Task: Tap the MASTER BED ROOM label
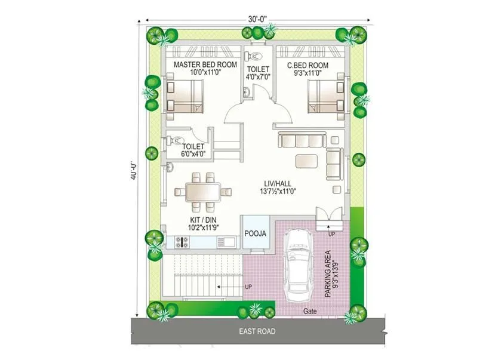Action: [205, 64]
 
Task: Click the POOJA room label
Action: [255, 233]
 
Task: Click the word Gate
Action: [309, 311]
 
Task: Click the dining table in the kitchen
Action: [202, 192]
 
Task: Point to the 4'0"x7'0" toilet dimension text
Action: [259, 77]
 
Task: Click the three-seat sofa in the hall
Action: [301, 141]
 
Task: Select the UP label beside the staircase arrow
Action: [248, 287]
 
